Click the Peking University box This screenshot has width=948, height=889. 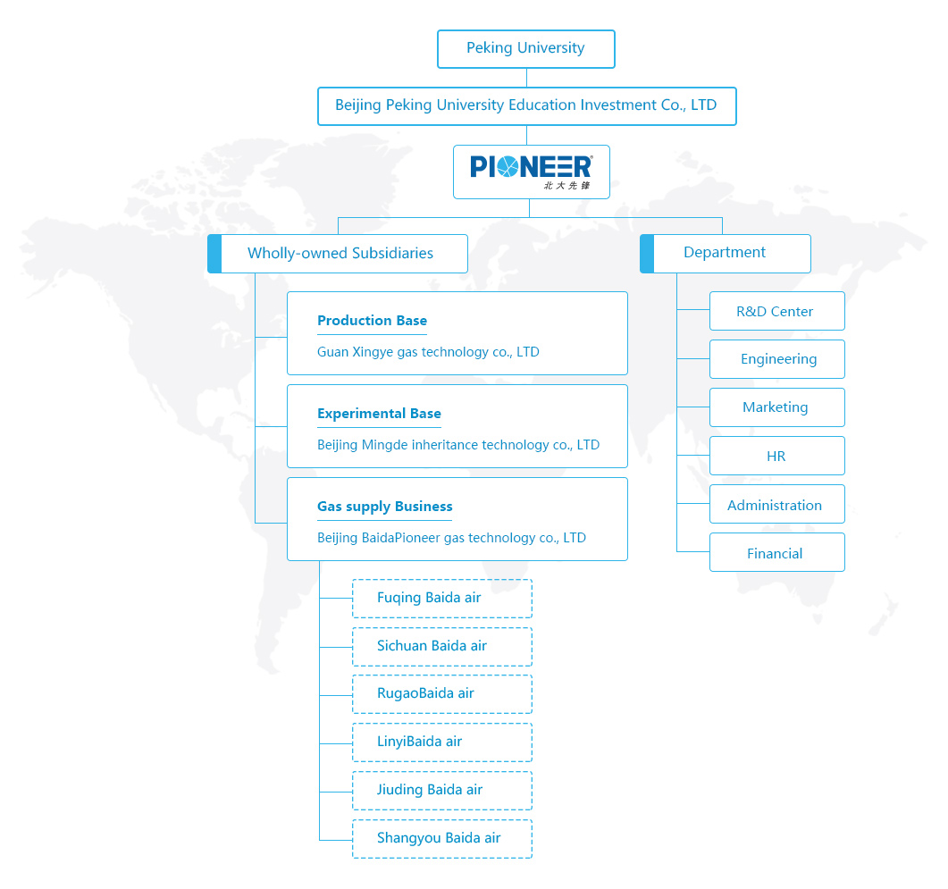click(x=526, y=49)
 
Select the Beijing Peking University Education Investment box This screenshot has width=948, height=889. click(x=526, y=106)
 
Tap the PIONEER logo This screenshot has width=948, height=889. click(x=532, y=172)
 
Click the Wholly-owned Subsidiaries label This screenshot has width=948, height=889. click(x=340, y=254)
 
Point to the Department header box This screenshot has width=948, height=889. click(x=726, y=254)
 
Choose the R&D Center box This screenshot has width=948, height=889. click(x=777, y=311)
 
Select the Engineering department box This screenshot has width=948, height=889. click(x=777, y=359)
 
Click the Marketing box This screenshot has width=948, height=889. click(x=777, y=407)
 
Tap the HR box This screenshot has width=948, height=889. click(x=777, y=456)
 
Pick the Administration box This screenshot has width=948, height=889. click(x=777, y=504)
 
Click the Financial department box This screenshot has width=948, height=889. click(x=777, y=552)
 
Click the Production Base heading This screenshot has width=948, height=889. click(x=372, y=321)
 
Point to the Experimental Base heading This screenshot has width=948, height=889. click(x=379, y=414)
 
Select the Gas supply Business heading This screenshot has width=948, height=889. click(x=384, y=507)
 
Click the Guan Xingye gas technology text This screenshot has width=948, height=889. click(x=428, y=352)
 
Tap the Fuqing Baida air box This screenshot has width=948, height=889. click(x=442, y=599)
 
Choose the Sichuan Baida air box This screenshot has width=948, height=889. click(x=442, y=647)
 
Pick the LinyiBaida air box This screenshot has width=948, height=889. click(x=442, y=742)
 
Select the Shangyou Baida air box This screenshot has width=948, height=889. click(x=442, y=839)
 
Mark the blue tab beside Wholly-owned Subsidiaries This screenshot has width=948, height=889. click(x=214, y=254)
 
